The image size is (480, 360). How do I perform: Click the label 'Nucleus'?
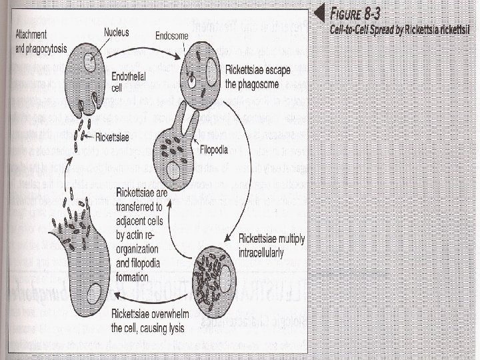pyautogui.click(x=117, y=32)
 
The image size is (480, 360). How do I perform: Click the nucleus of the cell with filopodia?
pyautogui.click(x=175, y=171)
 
